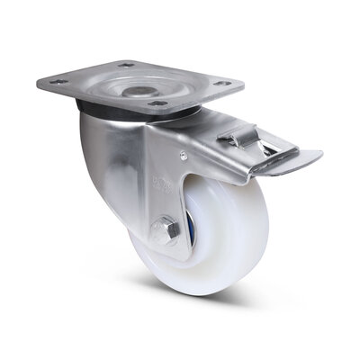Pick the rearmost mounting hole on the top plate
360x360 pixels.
pyautogui.click(x=128, y=64)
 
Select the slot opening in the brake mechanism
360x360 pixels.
pyautogui.click(x=261, y=149)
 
